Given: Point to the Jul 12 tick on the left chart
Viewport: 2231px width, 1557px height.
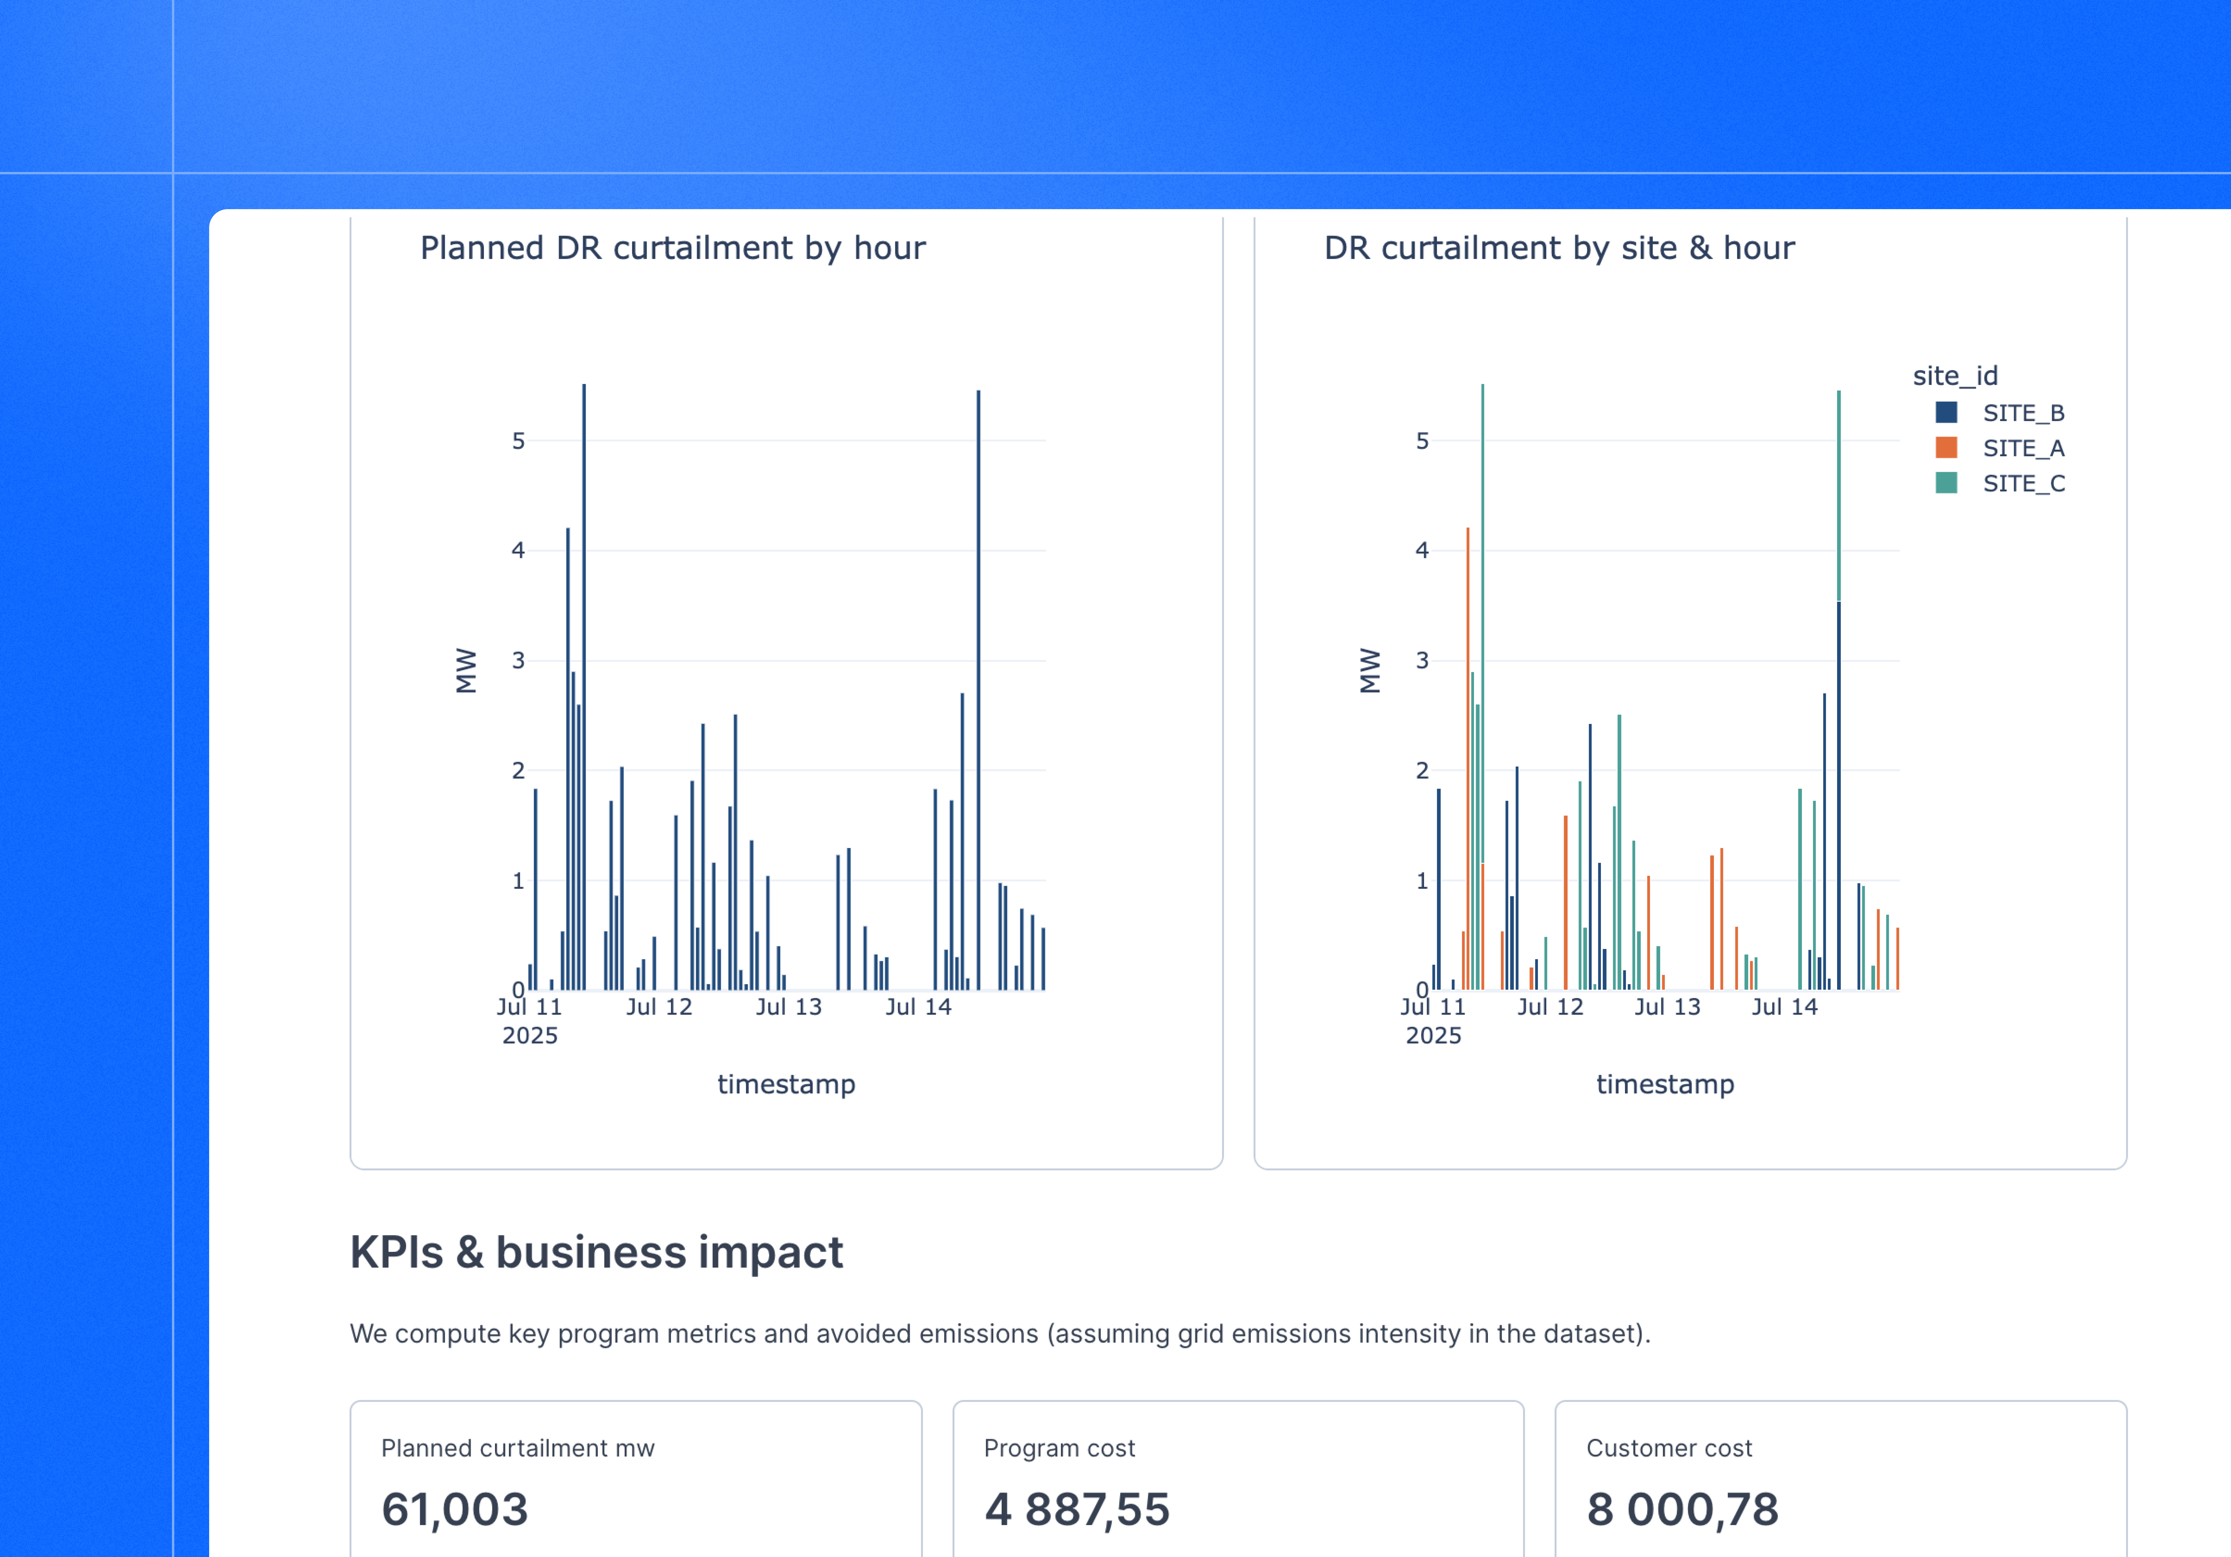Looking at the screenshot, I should coord(659,1007).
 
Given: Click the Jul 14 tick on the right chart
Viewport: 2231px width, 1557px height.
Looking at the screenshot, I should coord(1784,1007).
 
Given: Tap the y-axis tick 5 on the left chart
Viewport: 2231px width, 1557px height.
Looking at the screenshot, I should coord(518,441).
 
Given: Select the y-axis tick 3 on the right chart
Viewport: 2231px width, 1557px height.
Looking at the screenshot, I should coord(1422,661).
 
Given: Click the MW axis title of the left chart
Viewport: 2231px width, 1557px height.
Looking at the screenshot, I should coord(467,671).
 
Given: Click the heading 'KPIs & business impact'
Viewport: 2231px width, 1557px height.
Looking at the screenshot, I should coord(596,1252).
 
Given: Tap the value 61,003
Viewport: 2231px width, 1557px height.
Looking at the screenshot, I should coord(455,1509).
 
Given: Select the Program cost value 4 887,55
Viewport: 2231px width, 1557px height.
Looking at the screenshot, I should coord(1077,1509).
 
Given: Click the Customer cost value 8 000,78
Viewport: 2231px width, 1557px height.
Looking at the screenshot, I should coord(1682,1509).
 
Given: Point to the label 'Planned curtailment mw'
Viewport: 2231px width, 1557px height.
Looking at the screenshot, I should coord(517,1448).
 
